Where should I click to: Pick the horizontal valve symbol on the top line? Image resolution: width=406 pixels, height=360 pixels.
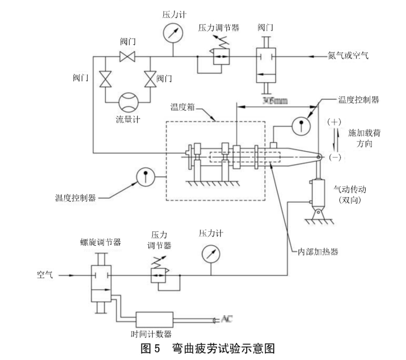coord(128,56)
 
